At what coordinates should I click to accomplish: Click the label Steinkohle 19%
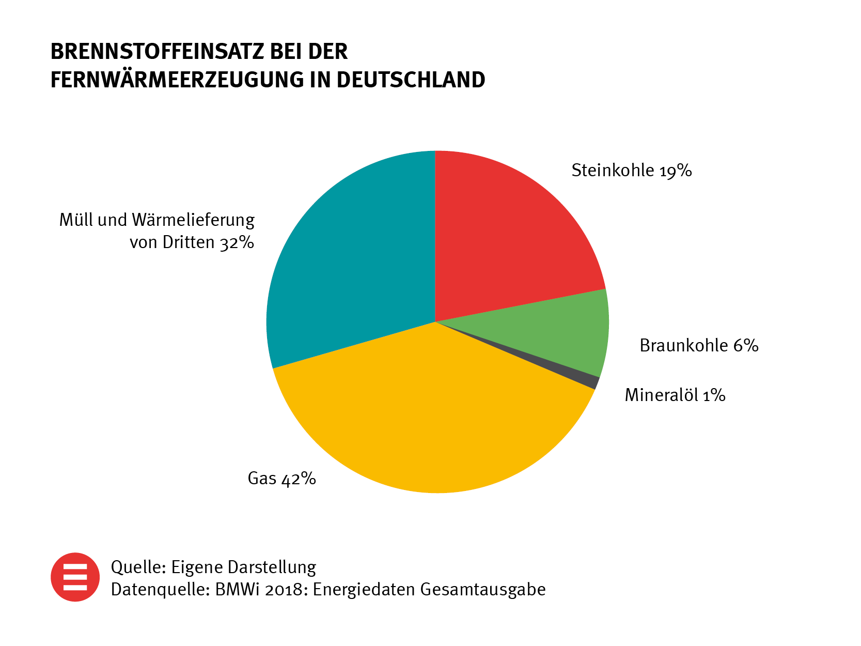pos(631,171)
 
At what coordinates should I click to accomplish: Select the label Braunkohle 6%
pos(699,345)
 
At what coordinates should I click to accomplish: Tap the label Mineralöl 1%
pos(675,395)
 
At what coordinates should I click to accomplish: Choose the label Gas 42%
pos(281,479)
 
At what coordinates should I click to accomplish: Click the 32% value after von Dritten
pos(237,242)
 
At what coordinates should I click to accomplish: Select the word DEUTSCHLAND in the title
pos(411,80)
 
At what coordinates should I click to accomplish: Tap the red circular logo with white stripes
pos(75,577)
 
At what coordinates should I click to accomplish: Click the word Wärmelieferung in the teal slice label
pos(193,220)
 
